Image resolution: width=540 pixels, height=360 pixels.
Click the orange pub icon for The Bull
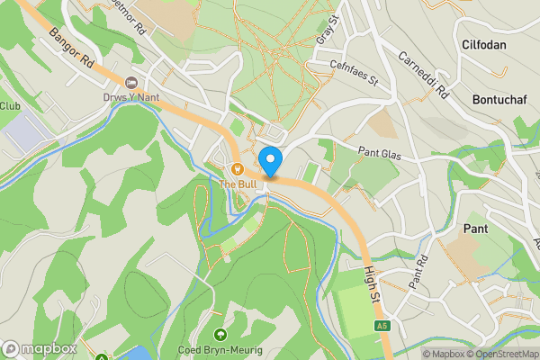238,168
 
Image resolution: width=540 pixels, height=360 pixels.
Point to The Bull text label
238,184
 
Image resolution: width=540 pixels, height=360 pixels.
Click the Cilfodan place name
483,44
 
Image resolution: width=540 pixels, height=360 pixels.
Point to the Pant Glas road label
378,152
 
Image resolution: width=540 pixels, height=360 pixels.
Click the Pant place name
475,229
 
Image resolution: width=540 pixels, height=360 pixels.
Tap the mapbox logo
40,348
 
